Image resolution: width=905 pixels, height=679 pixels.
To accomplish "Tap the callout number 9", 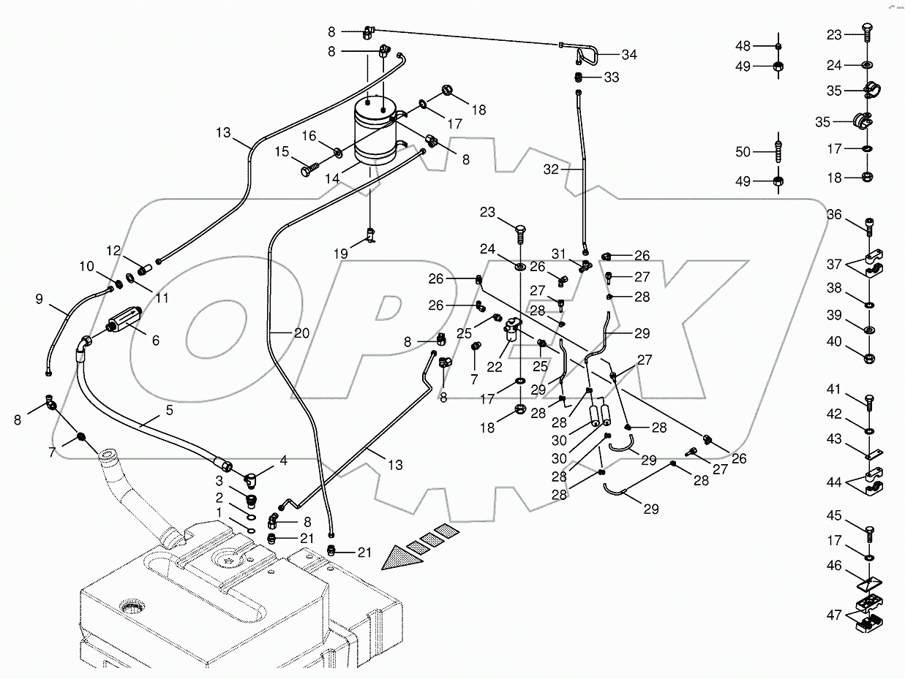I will click(40, 298).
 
